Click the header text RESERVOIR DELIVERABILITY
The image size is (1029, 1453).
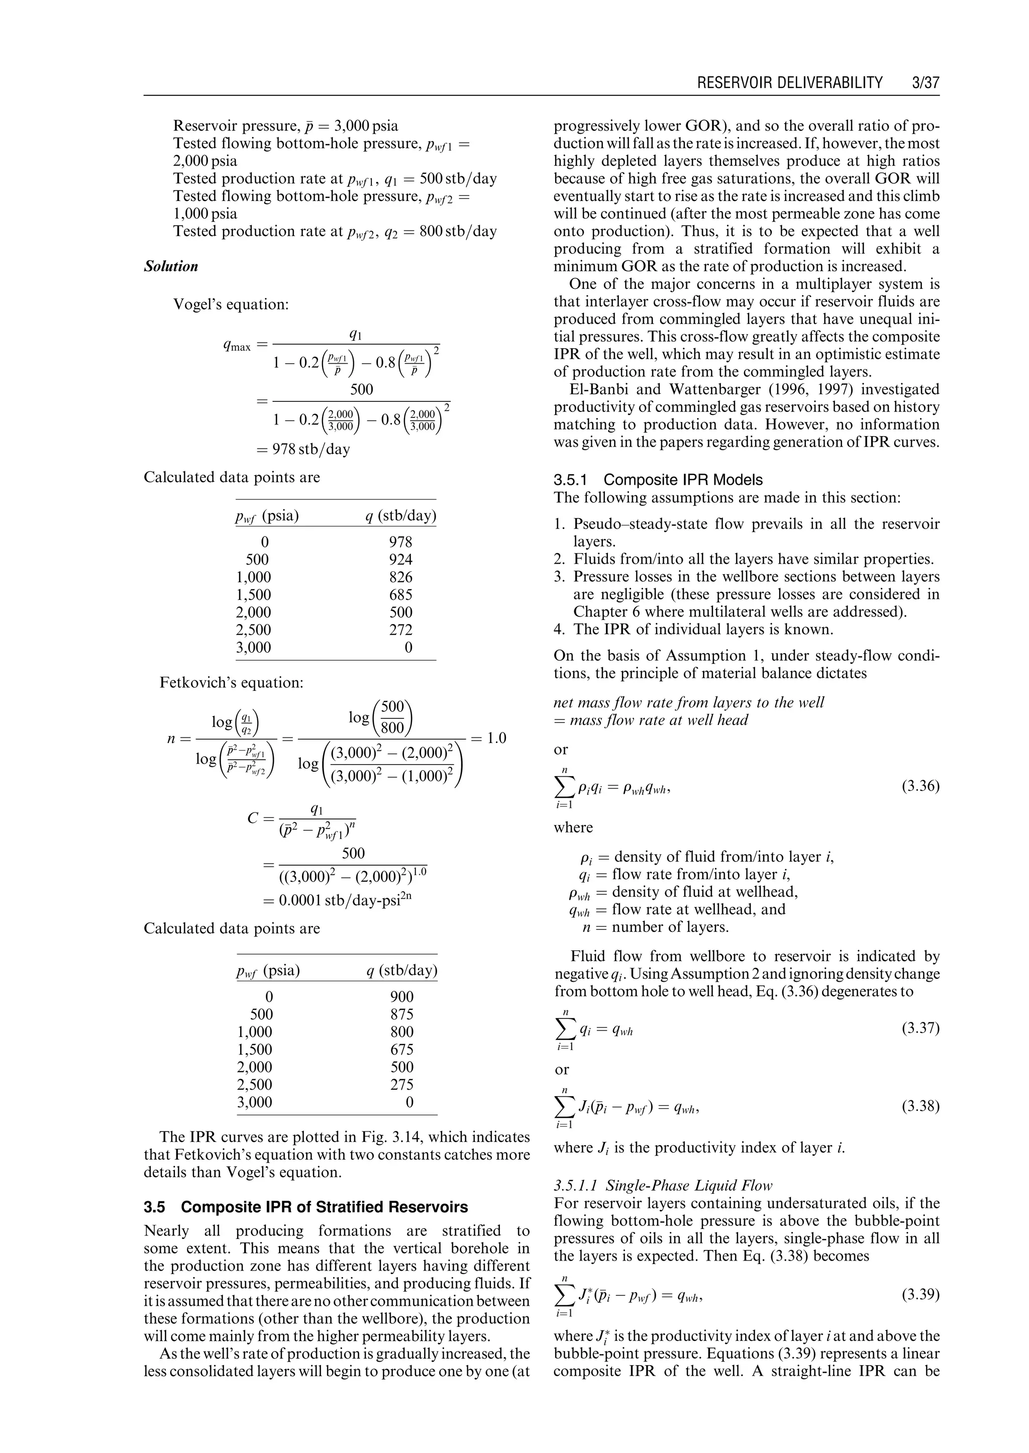[x=789, y=83]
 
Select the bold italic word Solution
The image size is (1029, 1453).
[x=171, y=266]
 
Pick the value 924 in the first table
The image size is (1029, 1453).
[x=400, y=560]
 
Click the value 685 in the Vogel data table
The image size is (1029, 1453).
[x=400, y=595]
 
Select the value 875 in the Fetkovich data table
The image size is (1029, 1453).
[x=402, y=1014]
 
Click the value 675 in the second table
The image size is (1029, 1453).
[x=402, y=1050]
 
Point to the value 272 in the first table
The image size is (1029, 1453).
[x=400, y=630]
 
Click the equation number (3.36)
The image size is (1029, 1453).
[x=920, y=787]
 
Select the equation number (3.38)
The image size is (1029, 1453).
[x=920, y=1106]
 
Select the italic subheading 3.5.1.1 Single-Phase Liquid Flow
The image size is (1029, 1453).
[x=663, y=1186]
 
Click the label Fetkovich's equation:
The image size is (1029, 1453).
[x=231, y=682]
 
